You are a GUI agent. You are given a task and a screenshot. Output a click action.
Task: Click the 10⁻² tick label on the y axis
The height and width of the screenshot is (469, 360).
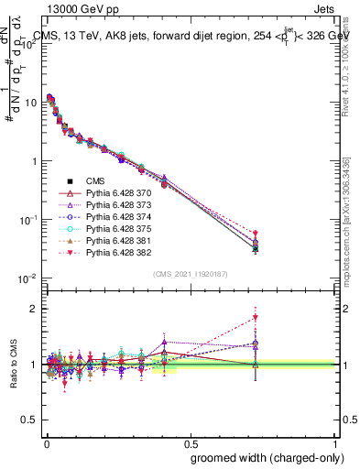tap(25, 278)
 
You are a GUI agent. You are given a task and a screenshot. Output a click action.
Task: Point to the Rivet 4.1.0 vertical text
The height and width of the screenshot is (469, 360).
tap(352, 60)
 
